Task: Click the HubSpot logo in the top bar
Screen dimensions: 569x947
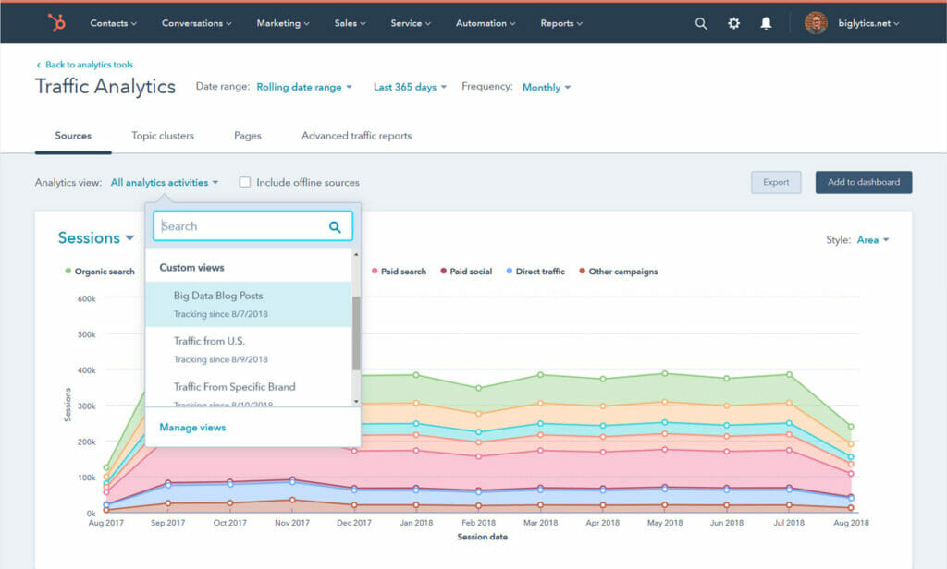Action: (56, 23)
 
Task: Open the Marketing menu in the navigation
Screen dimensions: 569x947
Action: (283, 23)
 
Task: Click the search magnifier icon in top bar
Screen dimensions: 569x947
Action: (701, 23)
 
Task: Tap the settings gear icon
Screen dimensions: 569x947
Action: (733, 23)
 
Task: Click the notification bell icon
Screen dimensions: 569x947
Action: (766, 23)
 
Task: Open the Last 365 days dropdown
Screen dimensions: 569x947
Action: (410, 87)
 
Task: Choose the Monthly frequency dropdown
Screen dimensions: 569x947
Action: (546, 87)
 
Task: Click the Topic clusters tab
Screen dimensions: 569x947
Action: (163, 136)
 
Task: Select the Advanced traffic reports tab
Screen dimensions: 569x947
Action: (356, 136)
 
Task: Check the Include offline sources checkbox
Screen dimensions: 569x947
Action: (245, 183)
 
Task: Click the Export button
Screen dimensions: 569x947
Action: (776, 182)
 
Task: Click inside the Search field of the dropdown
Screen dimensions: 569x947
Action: (240, 226)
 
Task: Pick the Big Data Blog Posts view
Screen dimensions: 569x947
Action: (218, 297)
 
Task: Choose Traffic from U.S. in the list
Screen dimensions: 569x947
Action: (209, 341)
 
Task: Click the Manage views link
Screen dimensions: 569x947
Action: (192, 428)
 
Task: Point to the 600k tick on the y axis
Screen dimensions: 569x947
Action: (86, 298)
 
